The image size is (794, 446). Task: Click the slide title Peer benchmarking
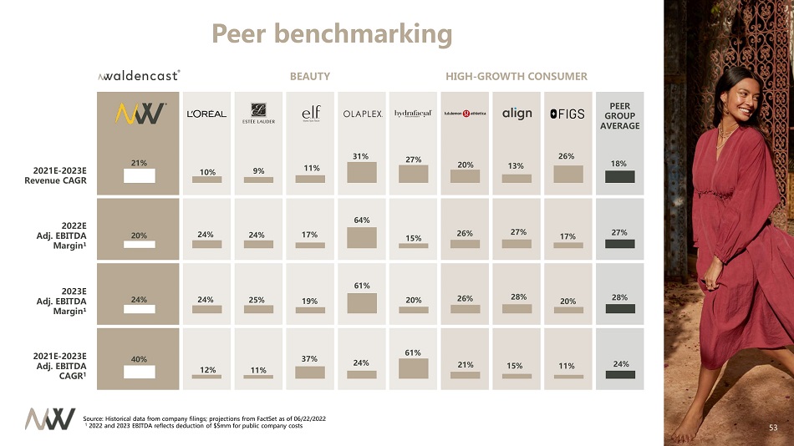coord(332,33)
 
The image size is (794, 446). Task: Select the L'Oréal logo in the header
coord(206,114)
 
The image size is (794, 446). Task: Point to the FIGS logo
coord(568,114)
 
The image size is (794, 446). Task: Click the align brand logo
coord(517,114)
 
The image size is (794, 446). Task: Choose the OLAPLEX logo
coord(362,114)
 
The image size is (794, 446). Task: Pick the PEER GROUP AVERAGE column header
coord(619,116)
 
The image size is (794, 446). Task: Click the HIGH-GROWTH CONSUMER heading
coord(517,76)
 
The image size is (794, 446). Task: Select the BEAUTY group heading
coord(310,76)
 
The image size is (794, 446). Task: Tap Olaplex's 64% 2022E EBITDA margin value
coord(362,220)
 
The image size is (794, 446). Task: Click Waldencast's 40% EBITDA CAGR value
coord(138,359)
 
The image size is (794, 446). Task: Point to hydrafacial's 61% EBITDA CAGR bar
coord(413,368)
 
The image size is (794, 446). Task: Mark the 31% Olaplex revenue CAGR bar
coord(362,171)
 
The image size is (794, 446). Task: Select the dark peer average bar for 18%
coord(619,176)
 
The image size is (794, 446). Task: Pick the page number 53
coord(773,428)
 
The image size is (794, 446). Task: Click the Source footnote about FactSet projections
coord(206,417)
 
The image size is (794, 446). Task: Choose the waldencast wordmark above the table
coord(139,76)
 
